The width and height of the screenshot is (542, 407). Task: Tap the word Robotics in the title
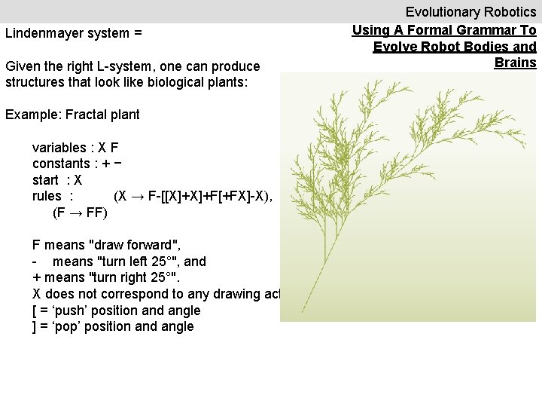[x=507, y=12]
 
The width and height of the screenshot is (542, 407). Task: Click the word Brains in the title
[x=515, y=63]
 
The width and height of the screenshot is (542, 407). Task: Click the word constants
[x=61, y=164]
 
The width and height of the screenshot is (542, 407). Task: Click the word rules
[x=47, y=197]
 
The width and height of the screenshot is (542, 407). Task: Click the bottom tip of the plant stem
[x=302, y=312]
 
